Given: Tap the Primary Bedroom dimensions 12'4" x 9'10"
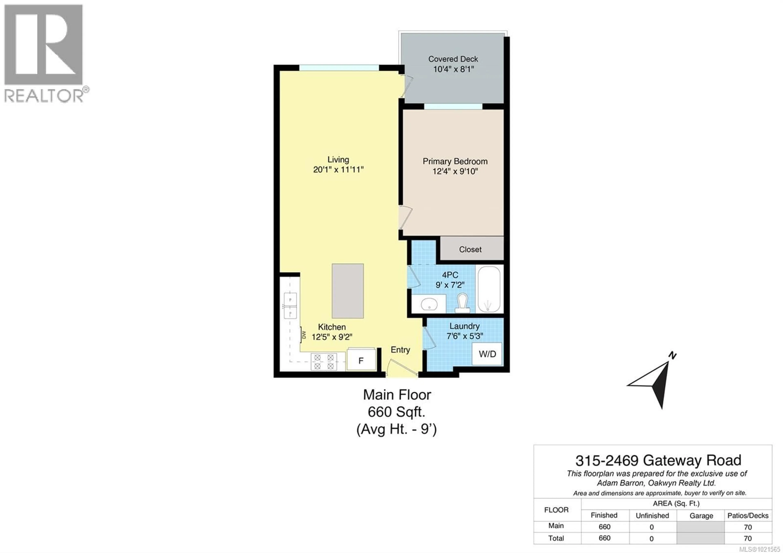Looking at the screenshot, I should click(x=455, y=171).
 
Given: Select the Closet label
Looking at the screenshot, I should click(x=470, y=249).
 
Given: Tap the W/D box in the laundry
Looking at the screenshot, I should click(x=487, y=354).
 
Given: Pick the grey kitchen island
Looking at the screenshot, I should click(x=347, y=291).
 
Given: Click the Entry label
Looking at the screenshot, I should click(x=400, y=350).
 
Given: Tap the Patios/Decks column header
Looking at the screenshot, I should click(x=748, y=515).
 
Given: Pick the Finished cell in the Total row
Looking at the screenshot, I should click(x=604, y=538).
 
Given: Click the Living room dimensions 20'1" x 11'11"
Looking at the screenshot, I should click(x=338, y=169).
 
